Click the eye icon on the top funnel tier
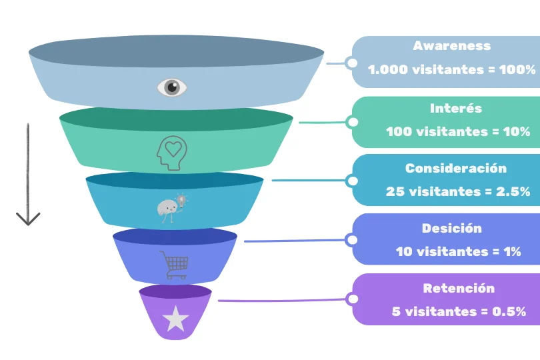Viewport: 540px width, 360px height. click(x=172, y=87)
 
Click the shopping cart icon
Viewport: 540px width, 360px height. click(x=175, y=265)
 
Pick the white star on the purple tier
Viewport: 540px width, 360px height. click(x=175, y=319)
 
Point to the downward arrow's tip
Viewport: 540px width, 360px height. click(x=28, y=223)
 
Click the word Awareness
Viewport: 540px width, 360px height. click(x=451, y=46)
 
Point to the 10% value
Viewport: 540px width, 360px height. click(x=516, y=131)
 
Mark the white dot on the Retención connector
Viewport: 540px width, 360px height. click(x=351, y=299)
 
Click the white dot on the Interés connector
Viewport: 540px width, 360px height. click(x=352, y=122)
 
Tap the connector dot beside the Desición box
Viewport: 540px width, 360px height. click(x=351, y=239)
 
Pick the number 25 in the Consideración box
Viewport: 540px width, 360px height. click(x=394, y=191)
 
